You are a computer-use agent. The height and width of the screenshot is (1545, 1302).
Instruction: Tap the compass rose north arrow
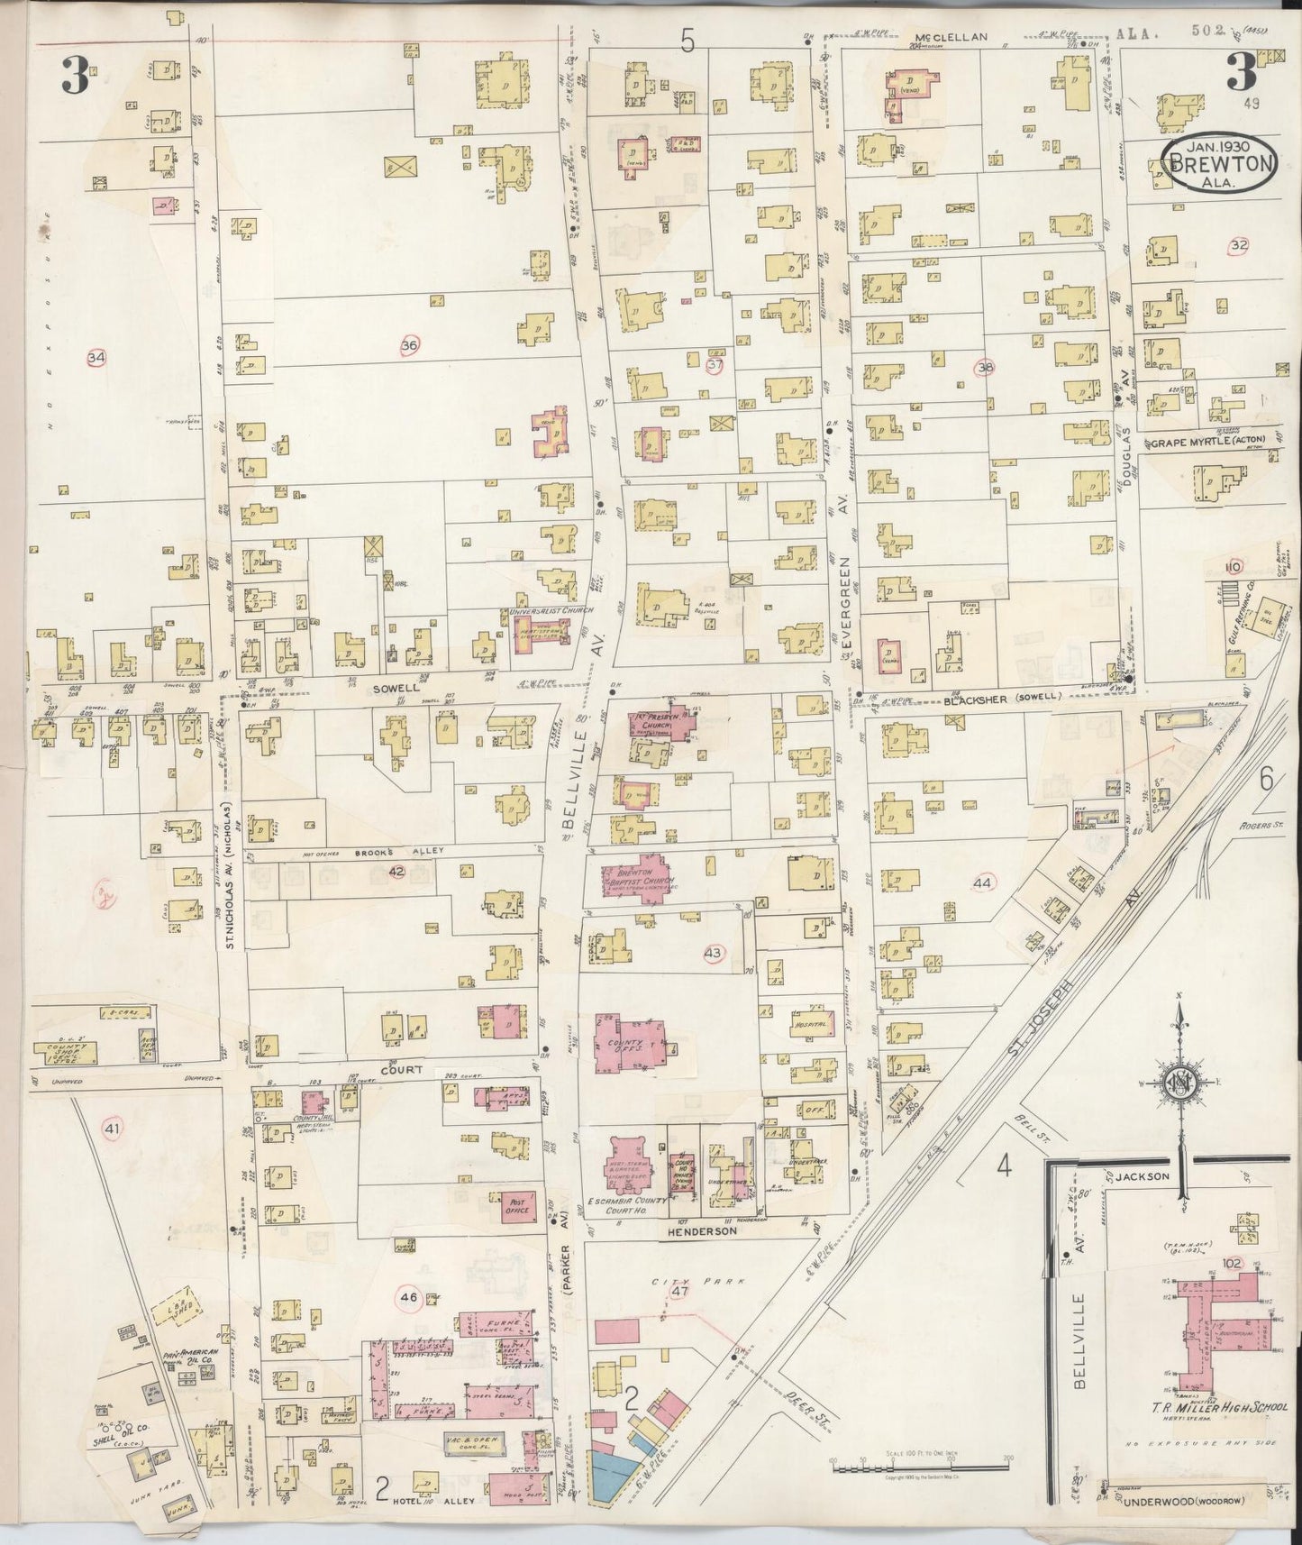tap(1179, 1083)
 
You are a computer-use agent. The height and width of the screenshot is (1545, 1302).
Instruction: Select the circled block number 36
tap(410, 344)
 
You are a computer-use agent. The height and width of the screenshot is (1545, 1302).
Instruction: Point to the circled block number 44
tap(982, 883)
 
